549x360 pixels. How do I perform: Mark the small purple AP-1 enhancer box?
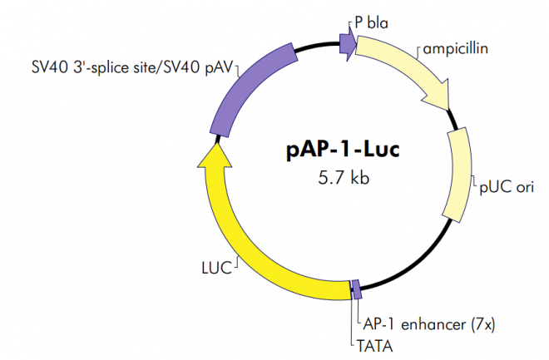[357, 289]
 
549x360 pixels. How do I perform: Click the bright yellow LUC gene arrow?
[250, 241]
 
